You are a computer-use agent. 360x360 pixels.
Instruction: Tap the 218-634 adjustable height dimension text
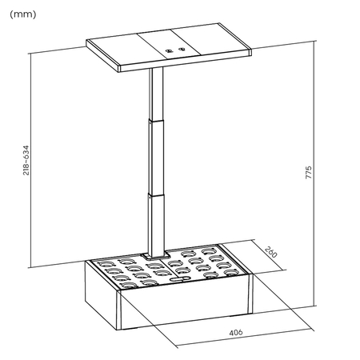click(x=26, y=160)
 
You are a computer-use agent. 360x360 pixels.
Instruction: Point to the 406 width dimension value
click(x=235, y=331)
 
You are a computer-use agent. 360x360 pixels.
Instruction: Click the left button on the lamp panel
click(x=170, y=50)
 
